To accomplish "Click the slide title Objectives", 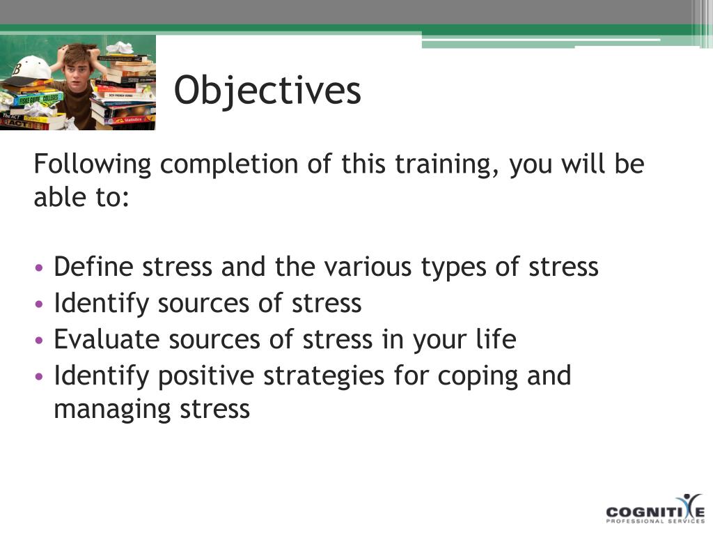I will pos(267,91).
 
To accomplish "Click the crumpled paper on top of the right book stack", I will pos(119,47).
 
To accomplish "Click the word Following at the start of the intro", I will pos(93,164).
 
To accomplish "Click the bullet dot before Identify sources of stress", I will pos(40,304).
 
